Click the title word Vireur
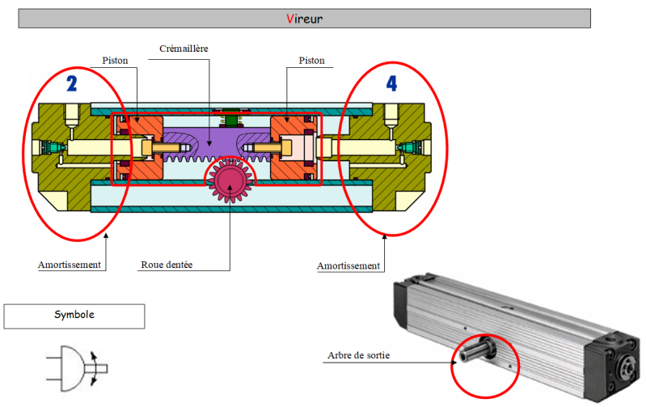[304, 18]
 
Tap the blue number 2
[71, 83]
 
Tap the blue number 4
[391, 83]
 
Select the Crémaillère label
[185, 49]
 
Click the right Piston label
[311, 60]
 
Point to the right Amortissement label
[348, 265]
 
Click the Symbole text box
[74, 316]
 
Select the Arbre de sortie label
[363, 355]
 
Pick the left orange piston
[136, 149]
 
